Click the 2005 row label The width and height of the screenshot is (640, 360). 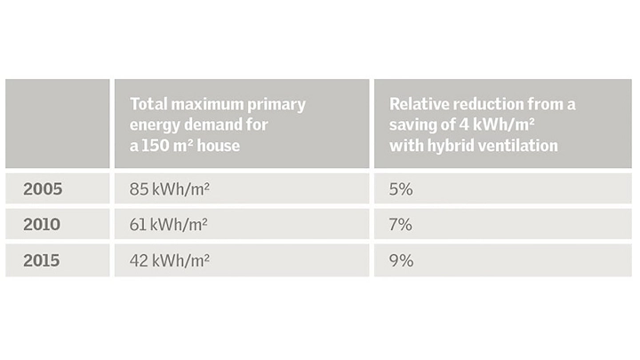point(42,188)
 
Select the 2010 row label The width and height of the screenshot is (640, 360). point(42,225)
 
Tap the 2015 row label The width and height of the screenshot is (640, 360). point(42,260)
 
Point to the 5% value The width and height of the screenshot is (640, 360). point(401,188)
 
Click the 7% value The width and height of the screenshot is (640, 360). point(401,225)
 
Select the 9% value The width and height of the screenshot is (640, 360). point(401,260)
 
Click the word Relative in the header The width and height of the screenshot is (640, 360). point(420,104)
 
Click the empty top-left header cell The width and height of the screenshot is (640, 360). point(57,124)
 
